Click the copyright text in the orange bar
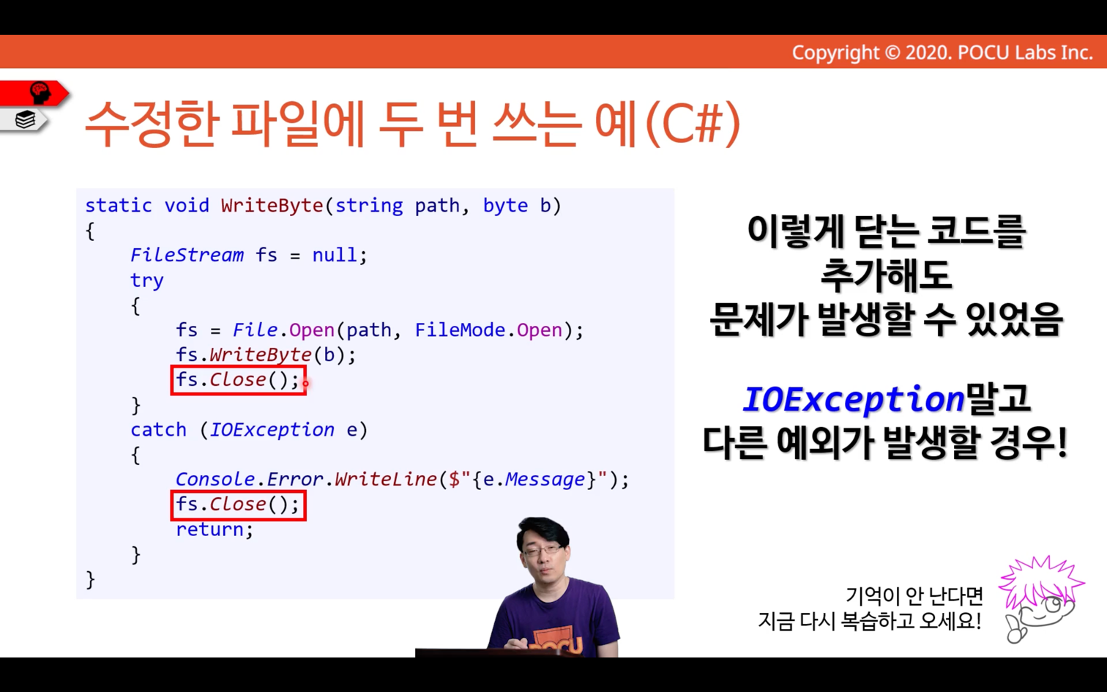(x=942, y=53)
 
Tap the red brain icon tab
(x=34, y=93)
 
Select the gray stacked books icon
(x=25, y=119)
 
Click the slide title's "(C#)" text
(x=693, y=124)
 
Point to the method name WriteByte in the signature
(x=272, y=205)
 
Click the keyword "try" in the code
(x=146, y=280)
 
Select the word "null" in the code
(x=335, y=255)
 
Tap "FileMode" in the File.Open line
(x=460, y=330)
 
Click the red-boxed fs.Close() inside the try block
(x=238, y=380)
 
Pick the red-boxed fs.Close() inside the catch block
(x=238, y=505)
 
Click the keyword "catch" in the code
(x=158, y=430)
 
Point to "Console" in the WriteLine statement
(x=215, y=480)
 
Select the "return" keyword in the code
(x=209, y=529)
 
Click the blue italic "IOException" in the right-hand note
(x=854, y=399)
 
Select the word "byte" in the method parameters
(x=505, y=206)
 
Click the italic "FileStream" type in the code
(x=187, y=255)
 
